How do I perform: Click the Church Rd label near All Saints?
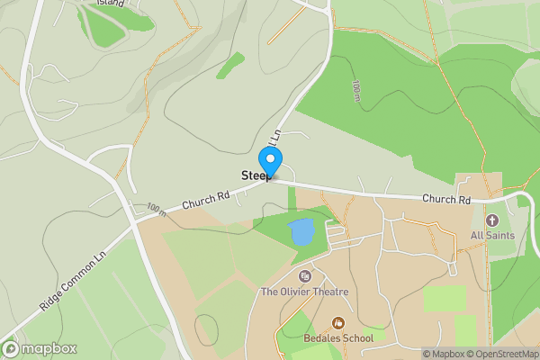[x=446, y=199]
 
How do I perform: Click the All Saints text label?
[x=491, y=236]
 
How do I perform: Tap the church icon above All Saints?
[x=491, y=220]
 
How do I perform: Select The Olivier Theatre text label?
[x=304, y=292]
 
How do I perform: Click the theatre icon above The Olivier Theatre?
[x=304, y=275]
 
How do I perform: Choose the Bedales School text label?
[x=339, y=338]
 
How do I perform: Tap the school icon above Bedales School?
[x=339, y=322]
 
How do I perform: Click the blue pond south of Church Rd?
[x=301, y=233]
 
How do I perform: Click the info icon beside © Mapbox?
[x=427, y=354]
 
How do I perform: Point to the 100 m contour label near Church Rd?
[x=155, y=211]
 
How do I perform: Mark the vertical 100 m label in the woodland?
[x=357, y=90]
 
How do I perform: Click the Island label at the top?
[x=112, y=3]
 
